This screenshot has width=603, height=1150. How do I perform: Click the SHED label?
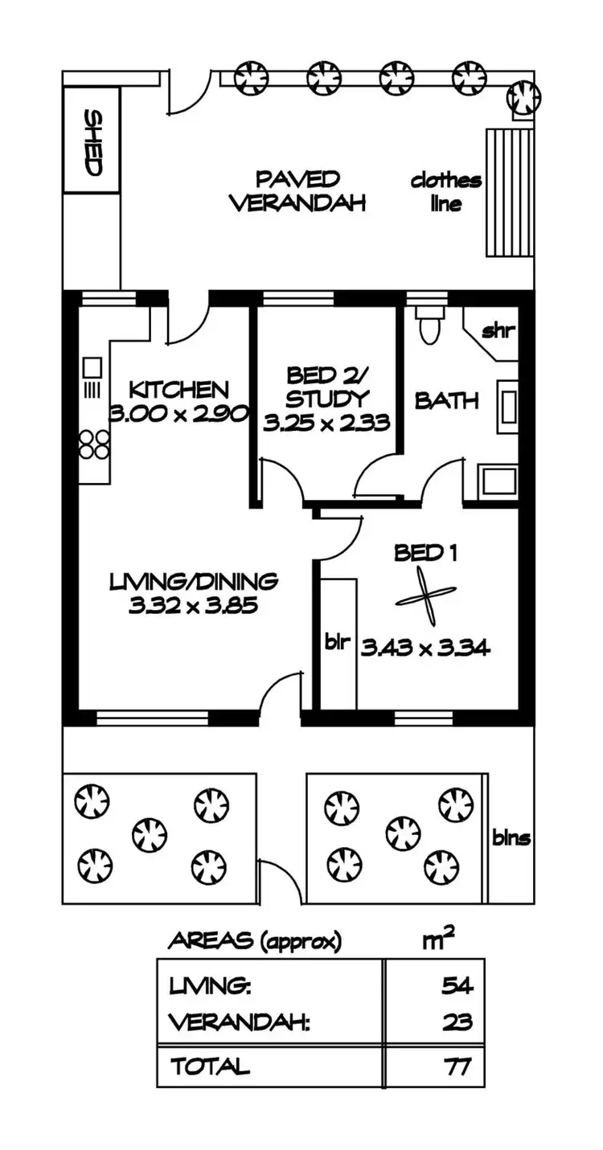[x=93, y=143]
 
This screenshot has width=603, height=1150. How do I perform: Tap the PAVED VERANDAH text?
[x=298, y=190]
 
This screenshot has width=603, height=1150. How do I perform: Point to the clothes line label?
[x=446, y=191]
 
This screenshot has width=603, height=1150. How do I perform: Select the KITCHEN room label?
[x=179, y=390]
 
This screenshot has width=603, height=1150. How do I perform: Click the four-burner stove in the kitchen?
[x=94, y=444]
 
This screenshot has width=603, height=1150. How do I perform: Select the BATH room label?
[x=447, y=400]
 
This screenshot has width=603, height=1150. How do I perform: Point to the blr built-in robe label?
[x=336, y=643]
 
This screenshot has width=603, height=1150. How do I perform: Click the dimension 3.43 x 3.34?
[x=425, y=648]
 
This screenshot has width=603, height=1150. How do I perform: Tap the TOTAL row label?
[x=210, y=1066]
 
